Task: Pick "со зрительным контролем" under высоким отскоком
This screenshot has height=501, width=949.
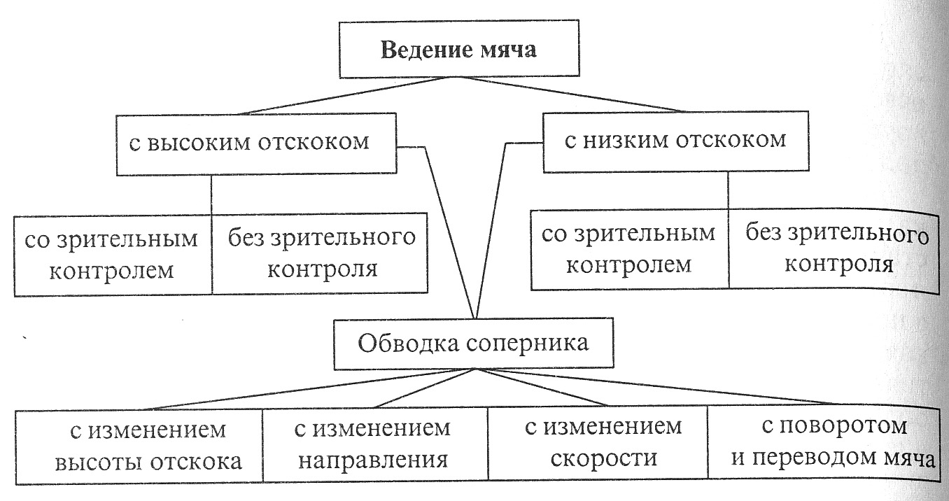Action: point(112,253)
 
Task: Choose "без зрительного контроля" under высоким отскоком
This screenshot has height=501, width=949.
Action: point(321,253)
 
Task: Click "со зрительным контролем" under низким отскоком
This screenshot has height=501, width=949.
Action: point(629,249)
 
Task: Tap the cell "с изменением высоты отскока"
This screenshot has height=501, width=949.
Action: point(139,444)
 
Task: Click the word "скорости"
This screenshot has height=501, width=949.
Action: point(603,459)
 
